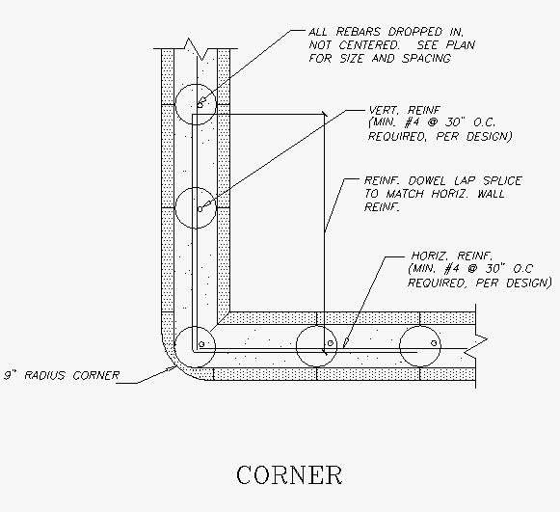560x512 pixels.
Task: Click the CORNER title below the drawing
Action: [289, 474]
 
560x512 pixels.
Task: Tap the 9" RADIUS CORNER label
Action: [62, 375]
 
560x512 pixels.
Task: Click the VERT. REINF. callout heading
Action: [405, 110]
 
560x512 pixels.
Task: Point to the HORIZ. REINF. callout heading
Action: [452, 256]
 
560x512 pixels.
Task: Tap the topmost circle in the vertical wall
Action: [196, 84]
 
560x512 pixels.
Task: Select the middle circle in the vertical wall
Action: [196, 188]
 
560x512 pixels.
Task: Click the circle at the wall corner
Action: [195, 326]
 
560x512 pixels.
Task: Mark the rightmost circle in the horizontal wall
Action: [420, 326]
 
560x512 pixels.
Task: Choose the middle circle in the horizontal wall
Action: [317, 326]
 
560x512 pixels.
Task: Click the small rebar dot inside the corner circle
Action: [201, 344]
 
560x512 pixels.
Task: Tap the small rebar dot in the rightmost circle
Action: [434, 343]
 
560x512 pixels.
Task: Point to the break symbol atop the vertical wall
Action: [196, 48]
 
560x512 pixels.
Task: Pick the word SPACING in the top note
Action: [427, 58]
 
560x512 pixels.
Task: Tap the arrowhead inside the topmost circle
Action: [200, 103]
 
